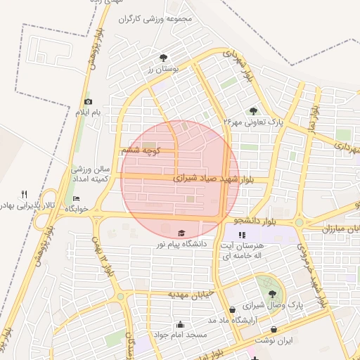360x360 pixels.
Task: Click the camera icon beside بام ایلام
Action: click(x=88, y=102)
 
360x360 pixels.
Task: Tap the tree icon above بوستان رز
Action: click(x=164, y=58)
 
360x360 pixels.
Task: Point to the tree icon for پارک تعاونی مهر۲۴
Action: click(x=253, y=110)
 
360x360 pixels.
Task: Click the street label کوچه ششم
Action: click(x=141, y=150)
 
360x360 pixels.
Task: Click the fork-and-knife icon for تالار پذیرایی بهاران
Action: click(x=24, y=194)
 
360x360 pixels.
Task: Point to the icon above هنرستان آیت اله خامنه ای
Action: click(x=242, y=236)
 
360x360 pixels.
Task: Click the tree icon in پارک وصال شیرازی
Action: click(x=272, y=295)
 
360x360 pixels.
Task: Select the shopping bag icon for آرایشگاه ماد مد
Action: click(x=232, y=309)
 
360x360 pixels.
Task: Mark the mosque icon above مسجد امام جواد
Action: click(x=181, y=325)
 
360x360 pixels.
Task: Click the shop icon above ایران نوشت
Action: click(x=274, y=329)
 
